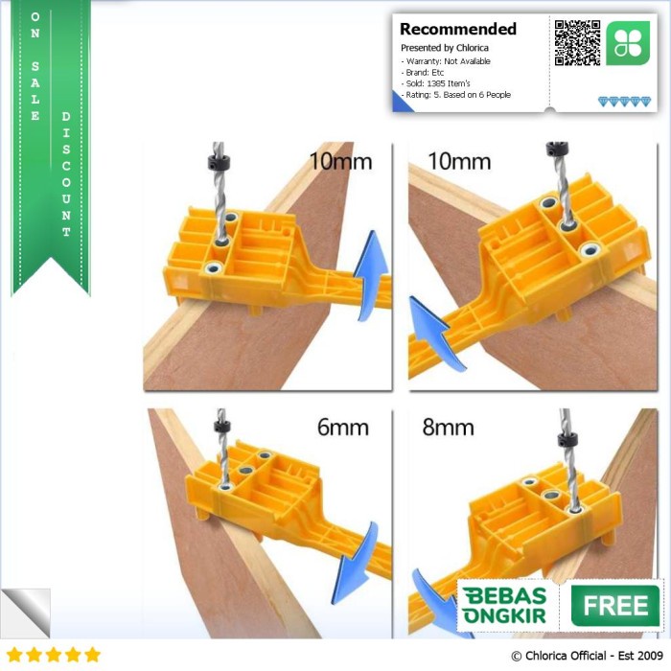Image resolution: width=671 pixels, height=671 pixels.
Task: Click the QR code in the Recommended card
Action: pyautogui.click(x=577, y=43)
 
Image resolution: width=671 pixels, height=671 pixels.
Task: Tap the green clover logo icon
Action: pyautogui.click(x=628, y=43)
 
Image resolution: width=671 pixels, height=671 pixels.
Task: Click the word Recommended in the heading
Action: pyautogui.click(x=458, y=29)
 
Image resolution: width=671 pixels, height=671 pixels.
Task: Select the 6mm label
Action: pyautogui.click(x=343, y=428)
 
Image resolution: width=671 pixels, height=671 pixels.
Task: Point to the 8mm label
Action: pyautogui.click(x=448, y=428)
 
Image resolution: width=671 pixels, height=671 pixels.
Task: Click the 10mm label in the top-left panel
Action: pyautogui.click(x=340, y=162)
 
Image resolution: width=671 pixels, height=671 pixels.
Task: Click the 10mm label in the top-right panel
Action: pyautogui.click(x=459, y=162)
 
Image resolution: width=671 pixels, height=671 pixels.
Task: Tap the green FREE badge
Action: pyautogui.click(x=615, y=606)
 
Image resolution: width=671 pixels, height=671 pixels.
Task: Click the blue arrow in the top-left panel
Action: pyautogui.click(x=371, y=274)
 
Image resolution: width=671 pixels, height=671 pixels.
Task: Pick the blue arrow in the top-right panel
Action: pyautogui.click(x=434, y=332)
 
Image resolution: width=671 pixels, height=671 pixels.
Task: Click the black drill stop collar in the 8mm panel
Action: pyautogui.click(x=567, y=439)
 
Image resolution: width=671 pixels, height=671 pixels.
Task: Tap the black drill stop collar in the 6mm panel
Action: pyautogui.click(x=222, y=426)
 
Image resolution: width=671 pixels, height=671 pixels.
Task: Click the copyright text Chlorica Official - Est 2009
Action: pyautogui.click(x=587, y=656)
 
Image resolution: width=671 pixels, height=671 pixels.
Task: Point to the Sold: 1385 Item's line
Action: pyautogui.click(x=435, y=83)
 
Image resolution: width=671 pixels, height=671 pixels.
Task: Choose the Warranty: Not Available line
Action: pyautogui.click(x=446, y=61)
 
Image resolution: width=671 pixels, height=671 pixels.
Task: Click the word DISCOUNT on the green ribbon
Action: pyautogui.click(x=66, y=174)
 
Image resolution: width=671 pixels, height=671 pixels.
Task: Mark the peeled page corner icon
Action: pyautogui.click(x=25, y=613)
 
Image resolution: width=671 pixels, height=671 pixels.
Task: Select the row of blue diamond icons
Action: pyautogui.click(x=624, y=102)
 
